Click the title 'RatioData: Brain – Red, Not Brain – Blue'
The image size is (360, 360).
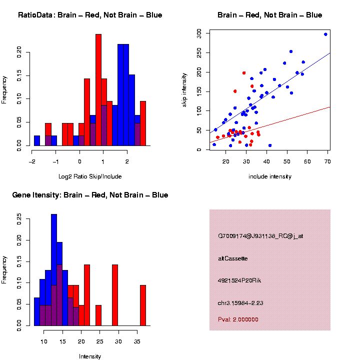pyautogui.click(x=90, y=15)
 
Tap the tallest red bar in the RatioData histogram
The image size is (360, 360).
pyautogui.click(x=98, y=90)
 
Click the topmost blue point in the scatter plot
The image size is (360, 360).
pyautogui.click(x=325, y=34)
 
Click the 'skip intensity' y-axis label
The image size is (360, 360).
pyautogui.click(x=184, y=89)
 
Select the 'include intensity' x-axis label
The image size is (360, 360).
pyautogui.click(x=269, y=176)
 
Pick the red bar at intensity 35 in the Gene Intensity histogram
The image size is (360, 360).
pyautogui.click(x=143, y=305)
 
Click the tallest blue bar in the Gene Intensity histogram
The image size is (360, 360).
pyautogui.click(x=54, y=270)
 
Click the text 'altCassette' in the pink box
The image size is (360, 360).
pyautogui.click(x=233, y=258)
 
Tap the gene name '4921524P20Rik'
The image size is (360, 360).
pyautogui.click(x=239, y=280)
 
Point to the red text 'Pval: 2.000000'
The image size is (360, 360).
pyautogui.click(x=238, y=319)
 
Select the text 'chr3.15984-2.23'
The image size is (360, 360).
pyautogui.click(x=241, y=302)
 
